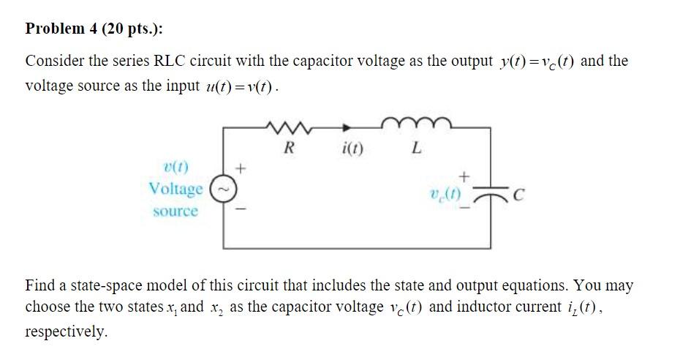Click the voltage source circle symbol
pyautogui.click(x=224, y=189)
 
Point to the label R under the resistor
pyautogui.click(x=290, y=149)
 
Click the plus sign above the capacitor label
pyautogui.click(x=462, y=176)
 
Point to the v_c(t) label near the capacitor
pyautogui.click(x=445, y=196)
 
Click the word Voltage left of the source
pyautogui.click(x=175, y=189)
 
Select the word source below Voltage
pyautogui.click(x=175, y=211)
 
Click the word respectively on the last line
pyautogui.click(x=66, y=331)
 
